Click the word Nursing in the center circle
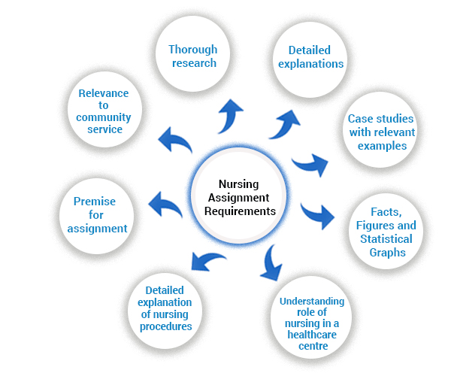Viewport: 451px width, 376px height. (x=238, y=185)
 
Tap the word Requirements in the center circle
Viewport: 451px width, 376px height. (x=240, y=211)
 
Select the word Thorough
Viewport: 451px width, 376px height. (x=192, y=50)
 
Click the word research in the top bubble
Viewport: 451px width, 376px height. (x=194, y=63)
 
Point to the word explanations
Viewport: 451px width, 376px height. (x=311, y=64)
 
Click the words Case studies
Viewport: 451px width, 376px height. (x=380, y=119)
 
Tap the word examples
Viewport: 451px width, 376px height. (x=383, y=146)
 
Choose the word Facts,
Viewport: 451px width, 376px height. (x=386, y=212)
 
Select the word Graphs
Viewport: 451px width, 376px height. (x=387, y=253)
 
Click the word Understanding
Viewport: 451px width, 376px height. (x=312, y=302)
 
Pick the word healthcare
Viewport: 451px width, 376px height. (x=312, y=335)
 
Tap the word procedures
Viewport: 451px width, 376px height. (x=165, y=327)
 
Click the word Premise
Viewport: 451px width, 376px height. (x=95, y=202)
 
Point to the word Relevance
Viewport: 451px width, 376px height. (x=104, y=93)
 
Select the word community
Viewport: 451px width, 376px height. (x=104, y=117)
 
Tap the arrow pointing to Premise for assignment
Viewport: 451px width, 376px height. (x=165, y=203)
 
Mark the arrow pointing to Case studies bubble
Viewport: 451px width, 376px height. (x=310, y=164)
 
